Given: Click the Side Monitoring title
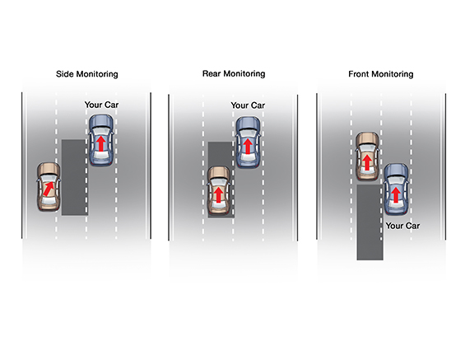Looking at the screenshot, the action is click(x=87, y=74).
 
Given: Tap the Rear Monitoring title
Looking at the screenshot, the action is click(x=234, y=73).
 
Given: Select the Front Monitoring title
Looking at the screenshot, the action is click(x=381, y=74).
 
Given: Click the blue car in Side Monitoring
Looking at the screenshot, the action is click(x=101, y=140).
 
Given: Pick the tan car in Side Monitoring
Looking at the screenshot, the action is click(x=49, y=187).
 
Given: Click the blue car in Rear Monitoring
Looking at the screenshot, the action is click(x=248, y=143).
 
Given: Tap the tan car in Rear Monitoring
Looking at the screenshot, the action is click(x=219, y=190).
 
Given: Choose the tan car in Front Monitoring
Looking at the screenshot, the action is click(x=367, y=156).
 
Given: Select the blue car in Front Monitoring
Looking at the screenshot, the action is click(x=396, y=189).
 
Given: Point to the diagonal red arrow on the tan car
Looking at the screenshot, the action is click(x=49, y=189).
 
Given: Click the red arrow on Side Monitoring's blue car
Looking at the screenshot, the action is click(x=101, y=143).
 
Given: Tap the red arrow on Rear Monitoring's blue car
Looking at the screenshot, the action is click(x=248, y=146).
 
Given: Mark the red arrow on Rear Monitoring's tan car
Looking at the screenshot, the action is click(x=219, y=195).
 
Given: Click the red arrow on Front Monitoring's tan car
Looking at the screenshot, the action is click(x=367, y=162).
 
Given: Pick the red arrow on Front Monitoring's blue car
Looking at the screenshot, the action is click(x=396, y=195).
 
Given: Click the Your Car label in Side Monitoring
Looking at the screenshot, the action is click(x=101, y=105).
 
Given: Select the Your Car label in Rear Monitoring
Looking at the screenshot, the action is click(x=248, y=105).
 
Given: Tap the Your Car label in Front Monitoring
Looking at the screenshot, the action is click(x=402, y=226).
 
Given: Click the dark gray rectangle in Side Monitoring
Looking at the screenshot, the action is click(x=75, y=177).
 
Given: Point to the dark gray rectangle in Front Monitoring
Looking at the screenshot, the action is click(x=370, y=222).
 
